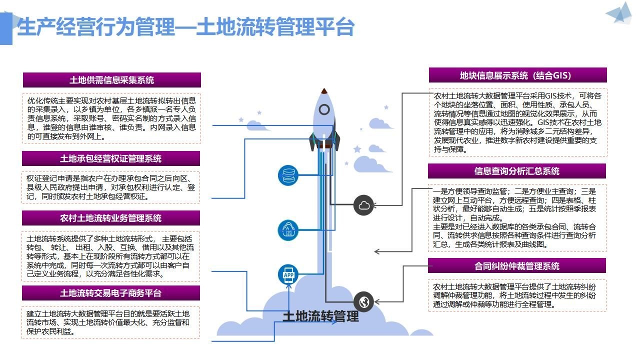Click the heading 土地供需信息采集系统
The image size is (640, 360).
coord(111,80)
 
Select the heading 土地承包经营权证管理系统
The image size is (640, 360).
coord(111,158)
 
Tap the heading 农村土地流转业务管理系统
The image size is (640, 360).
coord(111,218)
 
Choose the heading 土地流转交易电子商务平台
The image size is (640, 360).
coord(111,293)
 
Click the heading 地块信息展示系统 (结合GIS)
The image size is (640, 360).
coord(517,75)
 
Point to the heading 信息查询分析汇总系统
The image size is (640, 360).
coord(517,171)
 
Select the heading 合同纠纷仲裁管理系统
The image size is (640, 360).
coord(517,266)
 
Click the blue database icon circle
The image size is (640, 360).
coord(288,175)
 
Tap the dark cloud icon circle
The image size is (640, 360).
coord(363,205)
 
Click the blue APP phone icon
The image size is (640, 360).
coord(288,275)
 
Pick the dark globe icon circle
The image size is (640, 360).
coord(363,302)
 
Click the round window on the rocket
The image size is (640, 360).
coord(324,109)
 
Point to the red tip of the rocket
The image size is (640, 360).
coord(324,91)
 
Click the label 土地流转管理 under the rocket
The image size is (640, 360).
coord(320,316)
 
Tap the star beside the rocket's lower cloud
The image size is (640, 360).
coord(357,149)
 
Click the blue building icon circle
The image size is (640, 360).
coord(288,229)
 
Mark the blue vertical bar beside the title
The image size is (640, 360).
coord(6,29)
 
